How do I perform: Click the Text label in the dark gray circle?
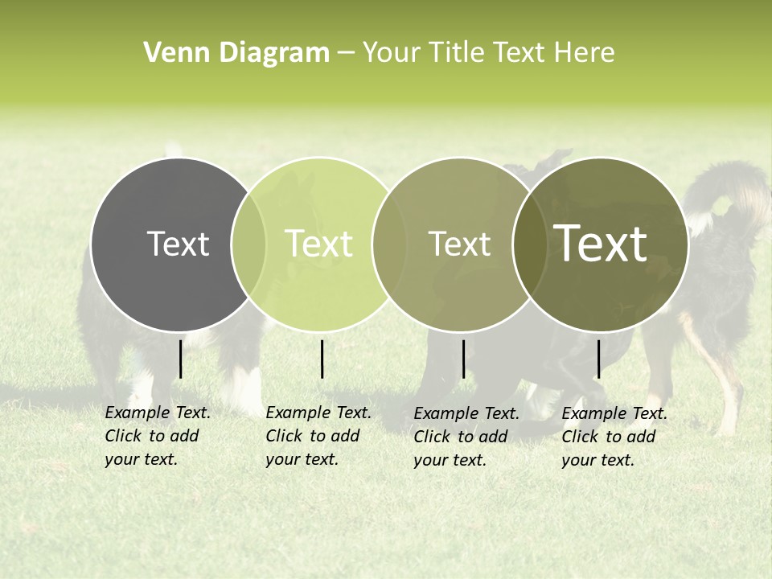[178, 244]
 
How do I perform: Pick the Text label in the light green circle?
[318, 244]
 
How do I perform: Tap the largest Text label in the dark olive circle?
[601, 244]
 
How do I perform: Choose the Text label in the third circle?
[459, 244]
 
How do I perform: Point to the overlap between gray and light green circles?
[248, 244]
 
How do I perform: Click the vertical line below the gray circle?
[181, 359]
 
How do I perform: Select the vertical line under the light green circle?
[322, 359]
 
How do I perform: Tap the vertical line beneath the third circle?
[464, 359]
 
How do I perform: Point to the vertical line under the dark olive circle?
[599, 359]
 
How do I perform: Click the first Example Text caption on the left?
[157, 436]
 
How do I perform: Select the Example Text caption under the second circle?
[318, 436]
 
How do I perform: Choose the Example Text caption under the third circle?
[466, 437]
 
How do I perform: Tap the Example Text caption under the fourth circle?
[614, 437]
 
